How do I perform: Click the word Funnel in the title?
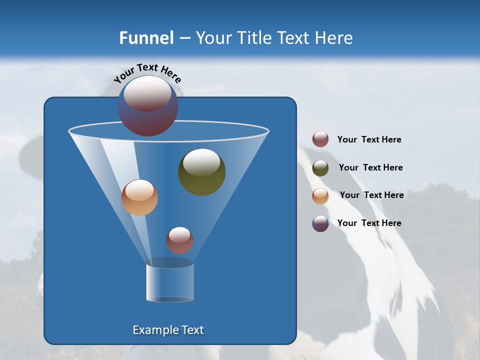click(x=146, y=38)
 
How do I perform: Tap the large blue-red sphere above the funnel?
click(x=147, y=106)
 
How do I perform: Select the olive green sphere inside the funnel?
click(x=201, y=172)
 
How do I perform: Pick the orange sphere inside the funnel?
click(x=139, y=197)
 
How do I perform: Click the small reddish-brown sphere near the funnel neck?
click(x=179, y=240)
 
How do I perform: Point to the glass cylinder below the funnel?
click(x=170, y=283)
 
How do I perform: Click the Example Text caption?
click(x=168, y=330)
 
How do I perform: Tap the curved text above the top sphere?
click(x=147, y=73)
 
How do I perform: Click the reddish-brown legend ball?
click(x=320, y=139)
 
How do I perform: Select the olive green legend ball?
click(x=320, y=168)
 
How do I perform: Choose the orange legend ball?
click(x=320, y=196)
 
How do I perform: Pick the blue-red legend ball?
click(x=320, y=223)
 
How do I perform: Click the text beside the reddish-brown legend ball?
click(x=369, y=140)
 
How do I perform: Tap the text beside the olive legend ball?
click(x=370, y=168)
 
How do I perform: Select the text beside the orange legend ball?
click(x=371, y=195)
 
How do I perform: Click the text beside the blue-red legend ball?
click(x=369, y=223)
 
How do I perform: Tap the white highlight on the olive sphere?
click(x=201, y=162)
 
